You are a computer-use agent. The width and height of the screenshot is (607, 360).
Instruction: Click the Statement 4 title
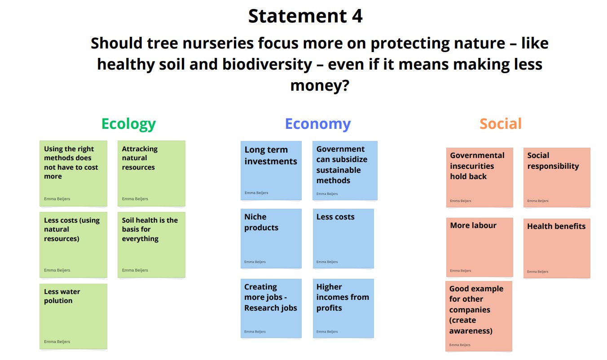pos(305,16)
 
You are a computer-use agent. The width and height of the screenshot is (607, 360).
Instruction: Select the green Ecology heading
pos(128,124)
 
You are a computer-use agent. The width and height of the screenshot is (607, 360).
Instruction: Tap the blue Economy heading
pos(318,124)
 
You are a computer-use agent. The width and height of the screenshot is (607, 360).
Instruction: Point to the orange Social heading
pos(501,124)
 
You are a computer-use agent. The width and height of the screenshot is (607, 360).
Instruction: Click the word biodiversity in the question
pos(267,65)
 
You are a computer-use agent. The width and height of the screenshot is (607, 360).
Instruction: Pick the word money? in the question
pos(320,86)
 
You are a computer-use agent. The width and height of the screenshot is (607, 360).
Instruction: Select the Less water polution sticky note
pos(74,316)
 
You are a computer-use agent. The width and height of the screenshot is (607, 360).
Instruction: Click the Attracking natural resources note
pos(151,173)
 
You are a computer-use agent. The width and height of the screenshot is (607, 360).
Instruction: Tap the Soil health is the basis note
pos(151,245)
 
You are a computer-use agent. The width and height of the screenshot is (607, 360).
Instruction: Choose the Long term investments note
pos(271,171)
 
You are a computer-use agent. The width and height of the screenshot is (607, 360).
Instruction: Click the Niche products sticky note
pos(271,238)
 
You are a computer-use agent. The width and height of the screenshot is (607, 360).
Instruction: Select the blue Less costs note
pos(343,238)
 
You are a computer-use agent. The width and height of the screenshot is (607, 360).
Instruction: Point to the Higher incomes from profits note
pos(343,308)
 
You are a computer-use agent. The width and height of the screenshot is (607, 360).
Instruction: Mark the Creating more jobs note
pos(271,308)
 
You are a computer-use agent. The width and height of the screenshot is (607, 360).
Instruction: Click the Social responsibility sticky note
pos(557,177)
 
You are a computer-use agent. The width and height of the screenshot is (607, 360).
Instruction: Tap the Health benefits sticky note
pos(557,248)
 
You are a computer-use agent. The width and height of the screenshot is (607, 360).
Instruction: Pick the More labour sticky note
pos(479,247)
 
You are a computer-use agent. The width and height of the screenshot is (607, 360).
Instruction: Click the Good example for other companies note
pos(479,316)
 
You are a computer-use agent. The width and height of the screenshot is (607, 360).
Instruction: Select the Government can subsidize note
pos(345,171)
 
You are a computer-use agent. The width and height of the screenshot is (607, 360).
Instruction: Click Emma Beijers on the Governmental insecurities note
pos(461,201)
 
